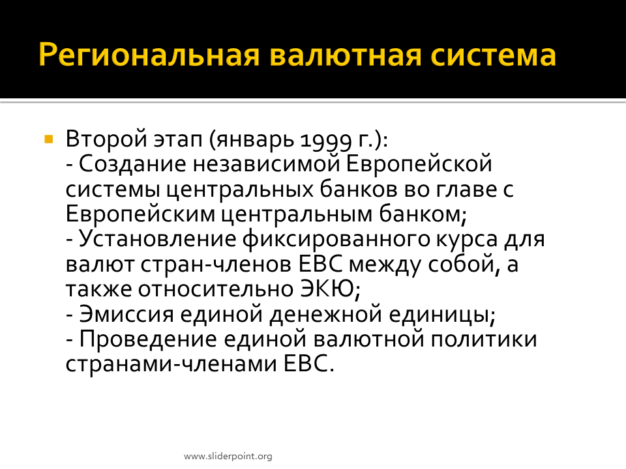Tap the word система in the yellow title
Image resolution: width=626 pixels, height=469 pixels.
(x=493, y=55)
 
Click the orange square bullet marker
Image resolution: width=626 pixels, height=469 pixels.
(x=49, y=139)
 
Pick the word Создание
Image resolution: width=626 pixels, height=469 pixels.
(x=132, y=164)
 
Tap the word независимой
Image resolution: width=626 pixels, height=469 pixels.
(x=266, y=164)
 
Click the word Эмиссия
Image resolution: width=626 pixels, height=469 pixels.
(x=127, y=314)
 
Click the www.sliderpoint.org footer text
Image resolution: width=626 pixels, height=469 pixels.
(x=228, y=456)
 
